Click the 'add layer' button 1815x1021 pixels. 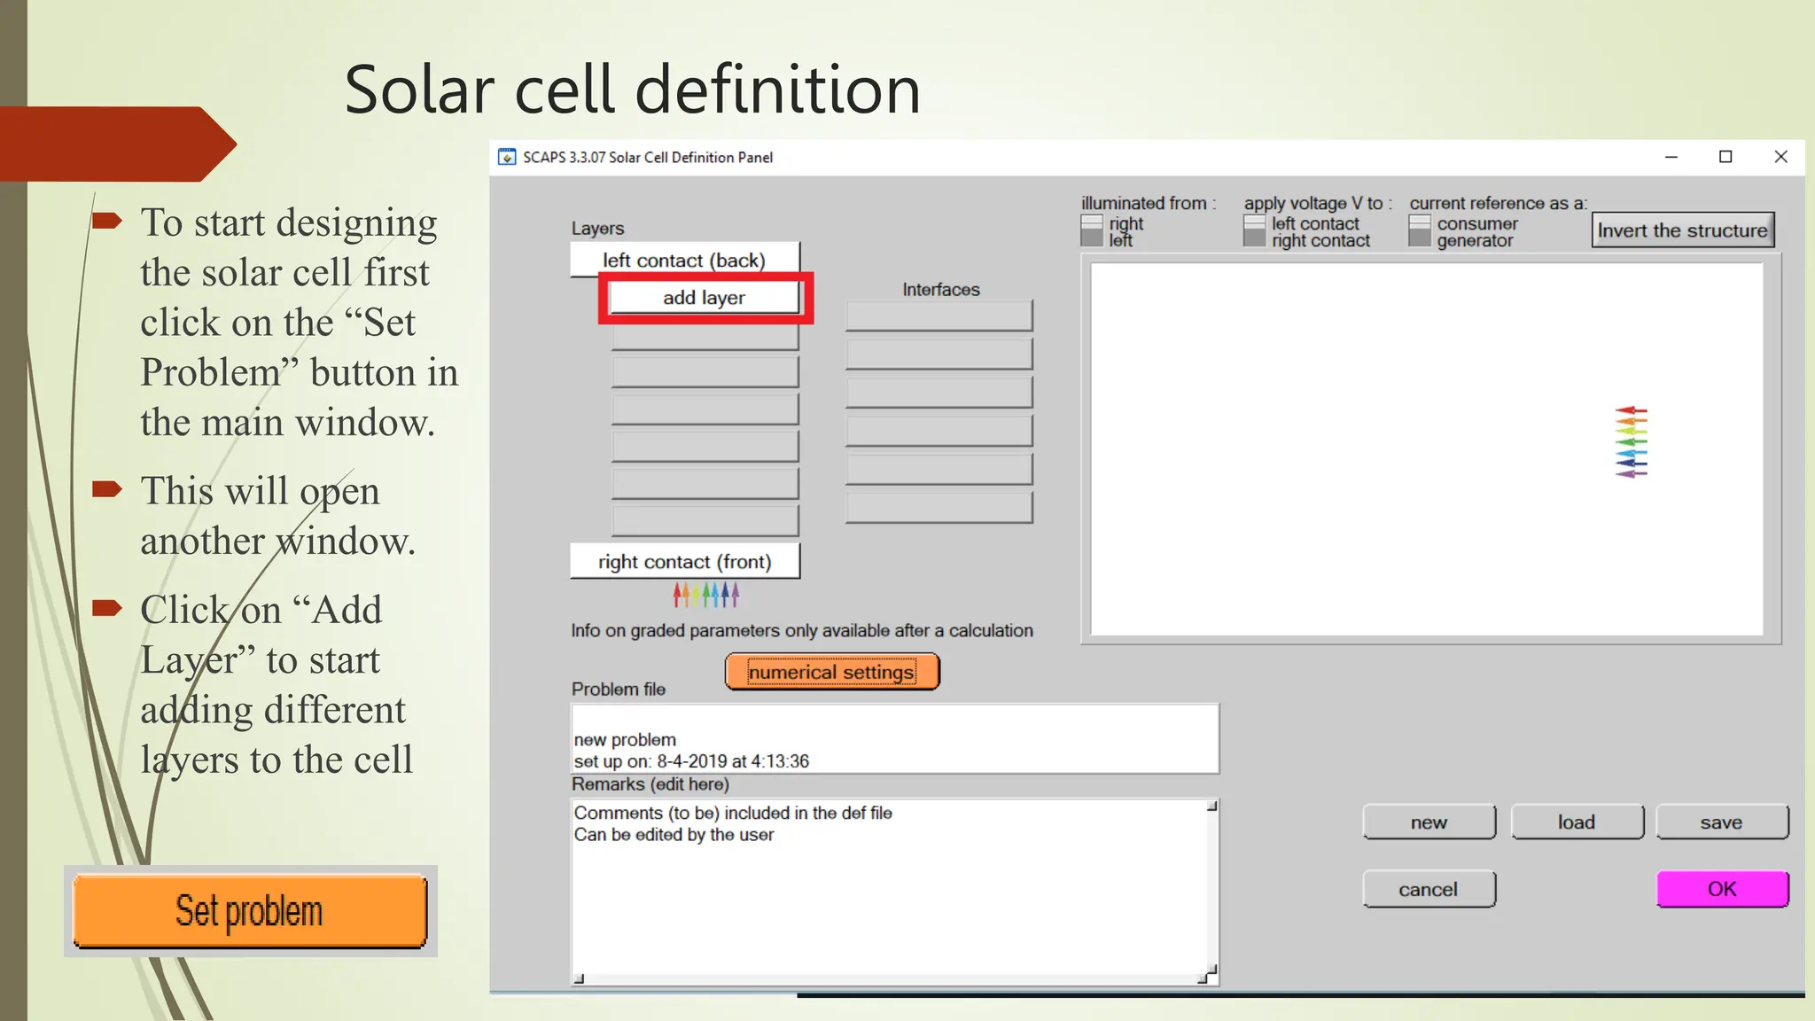705,298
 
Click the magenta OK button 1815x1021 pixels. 1722,889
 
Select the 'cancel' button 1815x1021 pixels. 1429,889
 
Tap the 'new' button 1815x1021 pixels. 1429,822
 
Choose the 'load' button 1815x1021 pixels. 1577,822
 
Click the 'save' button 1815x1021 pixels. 1721,822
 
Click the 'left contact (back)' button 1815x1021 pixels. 684,260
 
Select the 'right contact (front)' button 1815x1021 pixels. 684,561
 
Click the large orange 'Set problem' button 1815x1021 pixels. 250,911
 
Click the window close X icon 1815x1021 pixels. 1780,157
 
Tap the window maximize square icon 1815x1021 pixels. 1725,157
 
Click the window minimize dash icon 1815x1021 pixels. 1671,157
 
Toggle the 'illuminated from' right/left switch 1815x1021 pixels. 1092,231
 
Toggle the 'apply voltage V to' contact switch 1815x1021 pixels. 1254,231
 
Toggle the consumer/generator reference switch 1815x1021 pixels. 1420,231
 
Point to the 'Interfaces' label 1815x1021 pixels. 941,290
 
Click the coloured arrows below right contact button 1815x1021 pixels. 705,594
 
